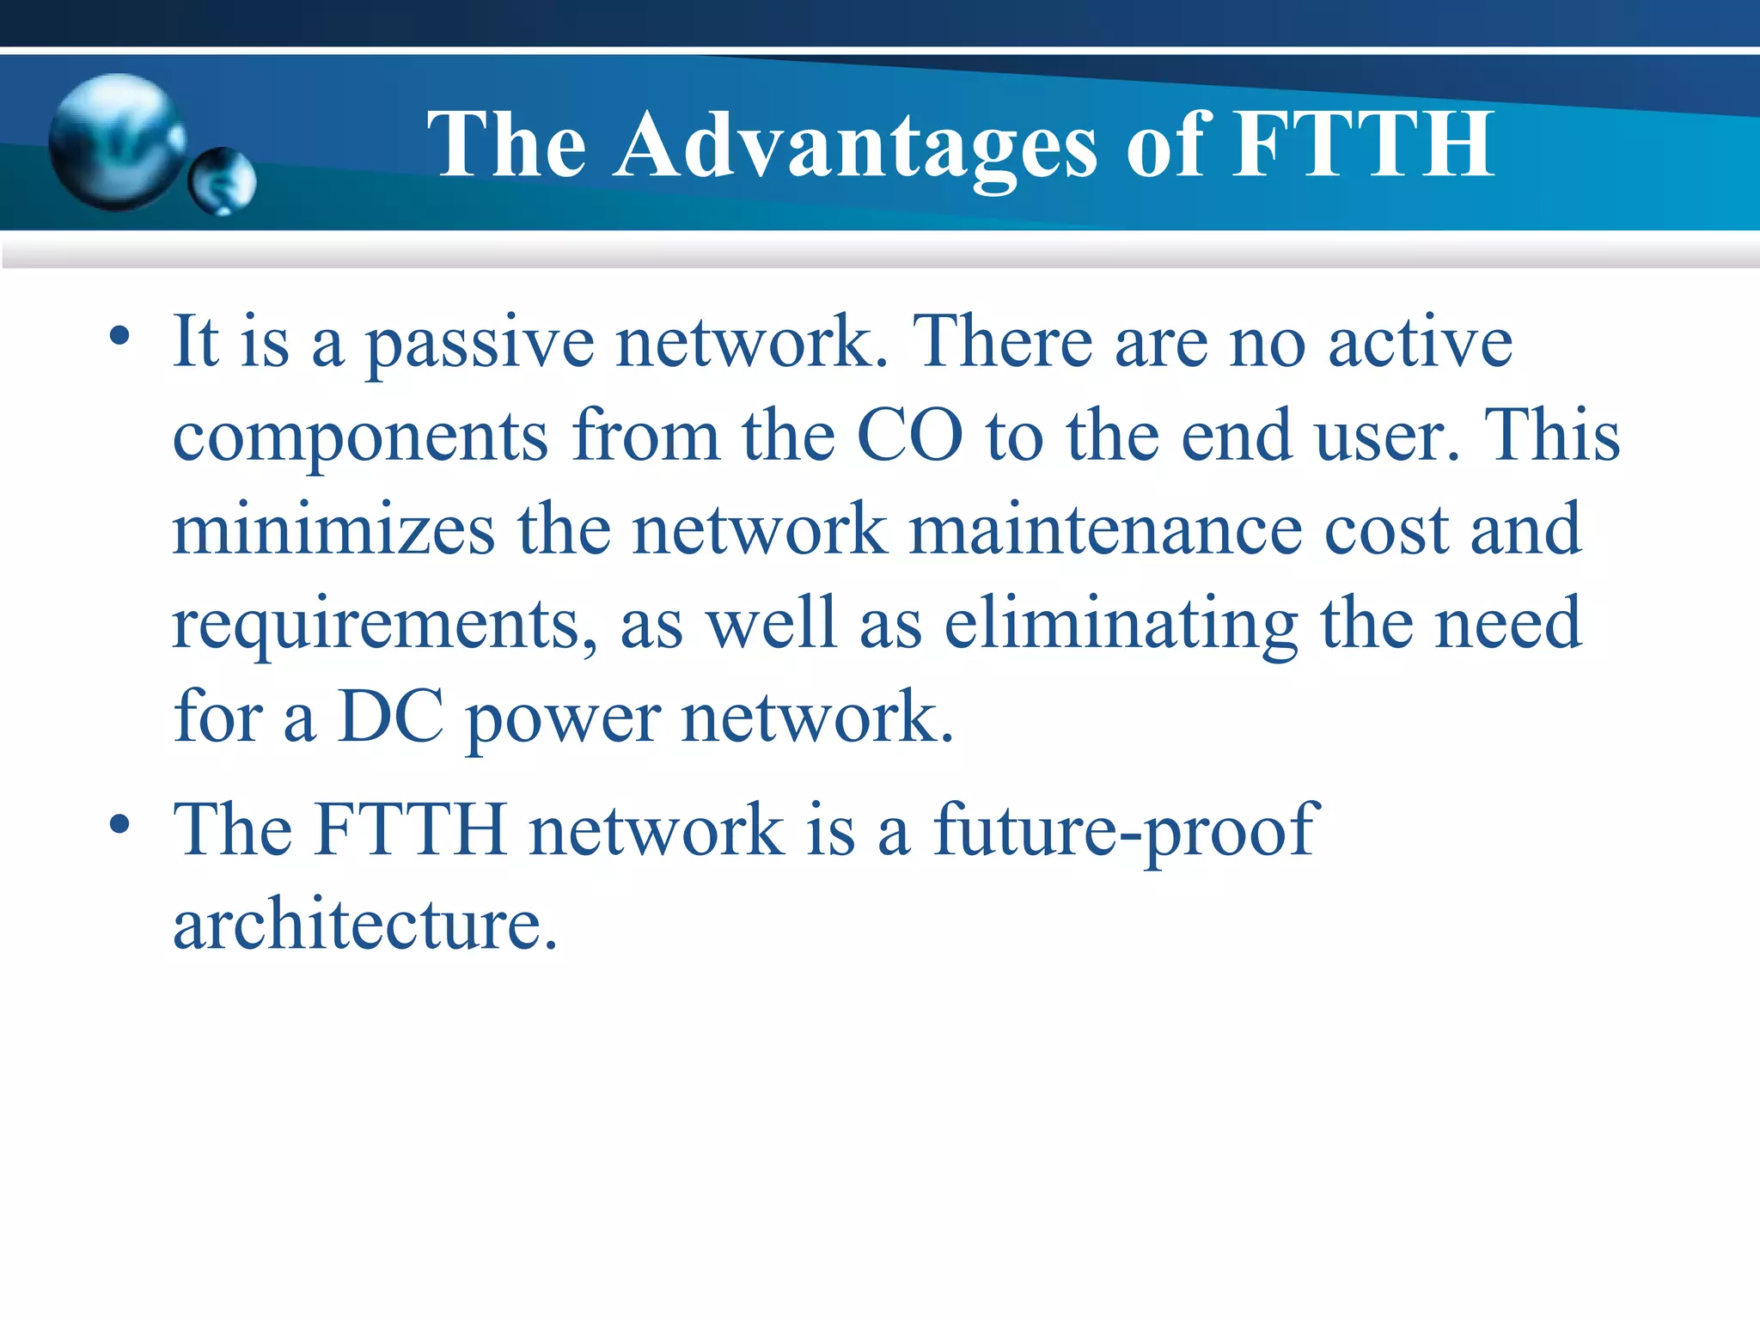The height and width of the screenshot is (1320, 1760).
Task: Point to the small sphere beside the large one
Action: [x=222, y=181]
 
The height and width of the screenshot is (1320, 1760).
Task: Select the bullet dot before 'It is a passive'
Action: [x=119, y=336]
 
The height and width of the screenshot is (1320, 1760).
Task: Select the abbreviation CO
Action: [x=910, y=436]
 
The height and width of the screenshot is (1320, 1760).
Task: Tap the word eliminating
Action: [x=1121, y=624]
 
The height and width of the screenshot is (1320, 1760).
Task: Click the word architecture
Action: [x=365, y=925]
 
